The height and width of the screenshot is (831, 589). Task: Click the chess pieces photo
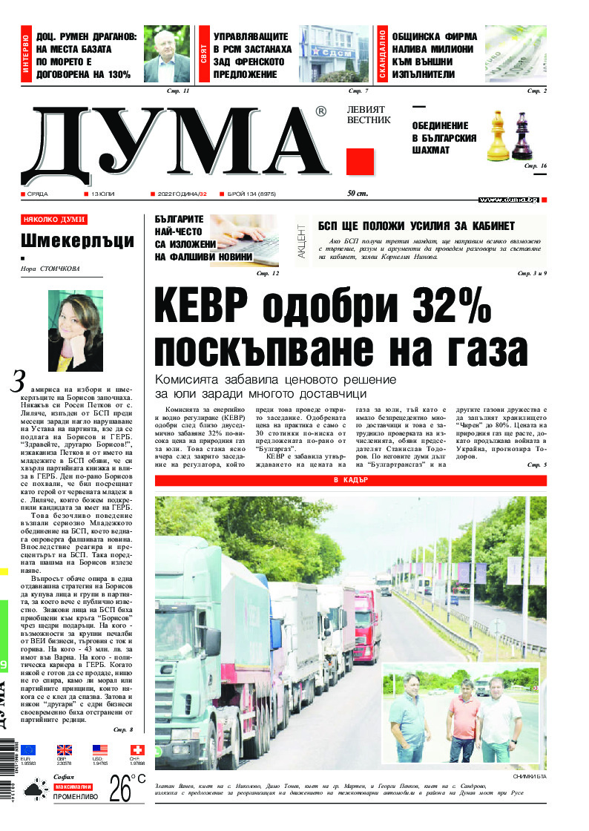coord(511,136)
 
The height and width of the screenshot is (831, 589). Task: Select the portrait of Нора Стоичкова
coord(75,330)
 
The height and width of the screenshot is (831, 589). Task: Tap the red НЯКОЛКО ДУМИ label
coord(54,220)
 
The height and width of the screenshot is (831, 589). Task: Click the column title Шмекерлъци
coord(77,240)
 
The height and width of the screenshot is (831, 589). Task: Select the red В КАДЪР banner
coord(351,480)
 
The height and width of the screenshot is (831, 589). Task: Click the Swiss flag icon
coord(137,750)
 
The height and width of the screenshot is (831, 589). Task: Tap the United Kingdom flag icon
coord(65,750)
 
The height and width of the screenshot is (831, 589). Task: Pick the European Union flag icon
coord(28,750)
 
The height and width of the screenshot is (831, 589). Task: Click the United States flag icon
coord(100,750)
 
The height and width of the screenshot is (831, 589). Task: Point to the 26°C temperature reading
coord(126,789)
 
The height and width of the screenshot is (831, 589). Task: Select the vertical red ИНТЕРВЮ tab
coord(27,55)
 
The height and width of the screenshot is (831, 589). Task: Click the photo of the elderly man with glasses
coord(167,55)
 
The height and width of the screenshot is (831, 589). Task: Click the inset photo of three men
coord(458,713)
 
